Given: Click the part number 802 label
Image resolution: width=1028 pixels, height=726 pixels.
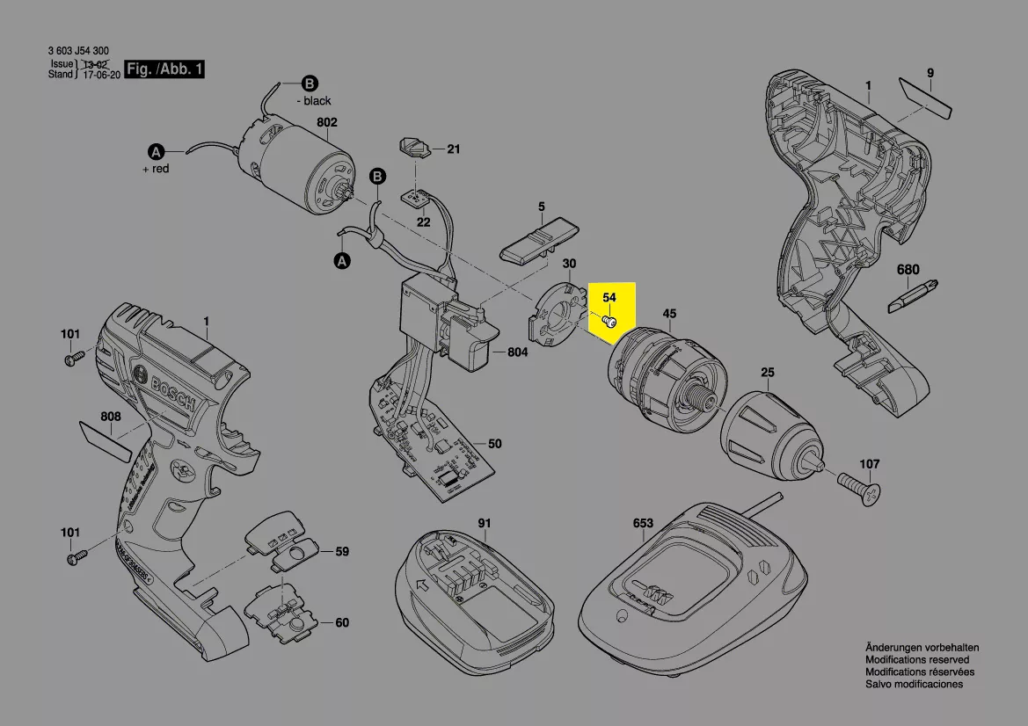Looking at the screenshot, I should click(326, 123).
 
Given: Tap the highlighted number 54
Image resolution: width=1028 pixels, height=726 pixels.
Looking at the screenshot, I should click(609, 299).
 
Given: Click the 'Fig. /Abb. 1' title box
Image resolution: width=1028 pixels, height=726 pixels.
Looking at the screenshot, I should click(165, 69).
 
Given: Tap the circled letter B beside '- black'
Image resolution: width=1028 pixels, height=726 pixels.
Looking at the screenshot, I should click(310, 84).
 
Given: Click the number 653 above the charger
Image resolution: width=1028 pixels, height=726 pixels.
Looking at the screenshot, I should click(643, 523).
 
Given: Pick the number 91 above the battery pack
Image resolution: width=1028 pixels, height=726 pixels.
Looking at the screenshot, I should click(484, 523).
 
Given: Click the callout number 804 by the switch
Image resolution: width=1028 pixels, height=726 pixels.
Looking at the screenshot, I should click(517, 352).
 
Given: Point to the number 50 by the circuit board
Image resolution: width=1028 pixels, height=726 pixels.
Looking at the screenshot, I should click(494, 444).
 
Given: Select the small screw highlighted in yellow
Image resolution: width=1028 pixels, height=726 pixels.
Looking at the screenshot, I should click(608, 322).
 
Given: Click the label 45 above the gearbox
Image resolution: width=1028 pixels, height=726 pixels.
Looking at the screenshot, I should click(669, 314).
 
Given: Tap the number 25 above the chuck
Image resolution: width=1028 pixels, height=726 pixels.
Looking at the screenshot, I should click(768, 374).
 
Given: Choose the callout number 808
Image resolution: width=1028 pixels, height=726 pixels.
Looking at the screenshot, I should click(110, 416).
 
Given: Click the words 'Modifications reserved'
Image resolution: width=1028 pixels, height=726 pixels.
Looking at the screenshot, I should click(916, 659).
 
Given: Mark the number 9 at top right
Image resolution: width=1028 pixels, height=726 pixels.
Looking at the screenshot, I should click(930, 73).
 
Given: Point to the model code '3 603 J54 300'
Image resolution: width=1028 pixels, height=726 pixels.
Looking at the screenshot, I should click(78, 52).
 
